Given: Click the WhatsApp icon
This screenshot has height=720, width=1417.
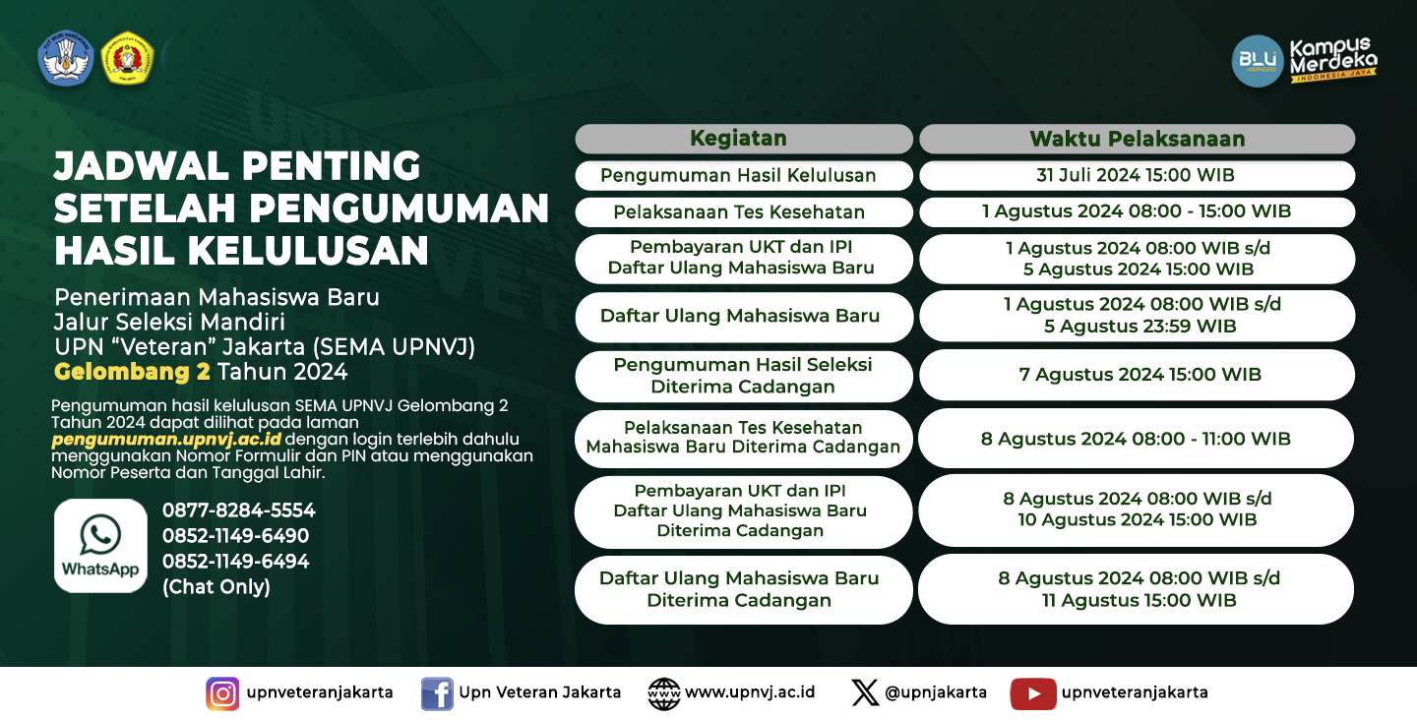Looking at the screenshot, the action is pos(100,546).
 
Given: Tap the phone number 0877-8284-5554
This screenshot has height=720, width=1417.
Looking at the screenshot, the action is pos(238,510).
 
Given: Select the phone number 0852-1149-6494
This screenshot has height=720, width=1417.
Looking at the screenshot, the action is pos(235,562).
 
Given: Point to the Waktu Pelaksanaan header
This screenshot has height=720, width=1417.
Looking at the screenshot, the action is pos(1137,139).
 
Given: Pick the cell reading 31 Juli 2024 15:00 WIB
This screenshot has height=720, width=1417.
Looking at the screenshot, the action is pos(1137,175).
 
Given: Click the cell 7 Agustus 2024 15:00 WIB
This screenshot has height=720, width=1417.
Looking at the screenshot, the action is pos(1137,374).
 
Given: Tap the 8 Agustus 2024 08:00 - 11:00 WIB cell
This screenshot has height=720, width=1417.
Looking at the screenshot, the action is pos(1137,438).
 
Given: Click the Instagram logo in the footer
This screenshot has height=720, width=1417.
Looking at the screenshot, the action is pos(222,693).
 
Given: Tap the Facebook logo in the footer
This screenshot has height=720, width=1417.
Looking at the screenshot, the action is pos(437,693).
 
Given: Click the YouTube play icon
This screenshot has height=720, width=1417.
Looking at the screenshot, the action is pos(1033,693).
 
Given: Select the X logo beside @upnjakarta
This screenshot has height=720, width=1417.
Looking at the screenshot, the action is pos(865,692).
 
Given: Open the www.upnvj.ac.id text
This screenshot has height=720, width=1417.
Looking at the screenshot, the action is pos(750,692).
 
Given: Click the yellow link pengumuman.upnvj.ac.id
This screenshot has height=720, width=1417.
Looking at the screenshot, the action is pos(166,440).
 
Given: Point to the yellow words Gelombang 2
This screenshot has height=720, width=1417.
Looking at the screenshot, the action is pos(132,372).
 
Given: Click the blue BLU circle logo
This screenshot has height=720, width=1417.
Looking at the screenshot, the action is pos(1257,61).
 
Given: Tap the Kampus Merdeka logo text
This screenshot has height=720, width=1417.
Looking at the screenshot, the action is pos(1332,59).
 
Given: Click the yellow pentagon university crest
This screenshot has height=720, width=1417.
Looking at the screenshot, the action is pos(127,57).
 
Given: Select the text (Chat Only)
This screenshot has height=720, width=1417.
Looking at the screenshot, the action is pos(216,587).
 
